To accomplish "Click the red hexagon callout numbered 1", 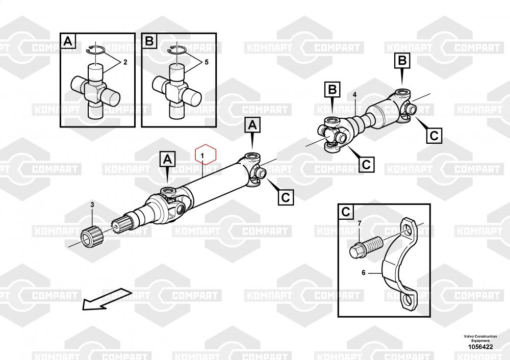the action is pos(205,154).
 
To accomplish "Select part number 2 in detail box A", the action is pos(125,62).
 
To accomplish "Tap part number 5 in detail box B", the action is pos(207,62).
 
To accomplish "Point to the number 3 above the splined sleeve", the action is pos(92,204).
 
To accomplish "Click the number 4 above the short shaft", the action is pos(354,95).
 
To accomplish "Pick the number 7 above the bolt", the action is pos(360,223).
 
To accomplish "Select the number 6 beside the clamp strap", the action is pos(364,272).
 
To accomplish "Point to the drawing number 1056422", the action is pos(480,347).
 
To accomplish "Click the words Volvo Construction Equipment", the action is pos(480,338).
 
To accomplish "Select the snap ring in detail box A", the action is pos(95,50).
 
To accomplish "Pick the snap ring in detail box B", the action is pos(176,50).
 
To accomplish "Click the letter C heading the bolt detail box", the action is pos(346,212).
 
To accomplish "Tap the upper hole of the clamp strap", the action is pos(409,231).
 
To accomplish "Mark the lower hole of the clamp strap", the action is pos(407,299).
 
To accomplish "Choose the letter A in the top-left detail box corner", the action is pos(68,41).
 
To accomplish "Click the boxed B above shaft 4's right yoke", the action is pos(402,61).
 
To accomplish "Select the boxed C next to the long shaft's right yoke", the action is pos(286,197).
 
